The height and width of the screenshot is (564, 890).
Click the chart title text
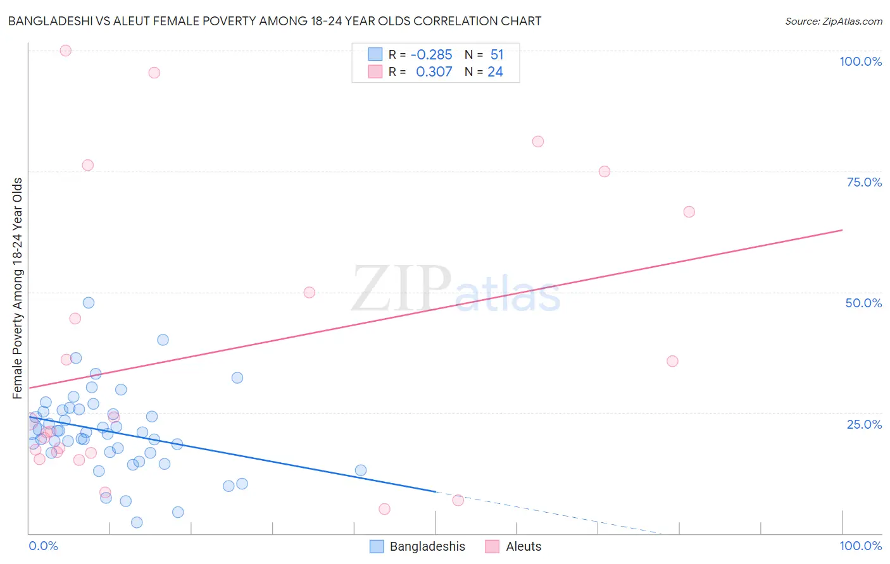point(274,21)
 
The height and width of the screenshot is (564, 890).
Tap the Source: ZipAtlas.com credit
point(833,21)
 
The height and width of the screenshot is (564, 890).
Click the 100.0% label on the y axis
point(860,61)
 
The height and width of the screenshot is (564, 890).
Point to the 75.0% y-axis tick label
point(864,182)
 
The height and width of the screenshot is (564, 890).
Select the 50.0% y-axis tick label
point(863,303)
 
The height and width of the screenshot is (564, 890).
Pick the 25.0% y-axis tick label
point(864,424)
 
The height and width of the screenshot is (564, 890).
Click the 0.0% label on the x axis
point(43,546)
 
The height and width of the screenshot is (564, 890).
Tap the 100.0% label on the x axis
point(860,546)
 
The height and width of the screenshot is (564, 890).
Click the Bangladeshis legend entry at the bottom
point(418,546)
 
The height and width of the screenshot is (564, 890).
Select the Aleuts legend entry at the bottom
point(513,546)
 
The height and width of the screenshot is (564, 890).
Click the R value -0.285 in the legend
point(431,55)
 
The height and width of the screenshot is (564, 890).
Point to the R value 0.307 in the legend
point(434,72)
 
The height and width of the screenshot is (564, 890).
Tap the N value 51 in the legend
point(497,55)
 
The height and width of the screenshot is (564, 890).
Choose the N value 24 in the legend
point(495,72)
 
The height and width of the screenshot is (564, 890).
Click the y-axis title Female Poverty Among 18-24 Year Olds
point(18,288)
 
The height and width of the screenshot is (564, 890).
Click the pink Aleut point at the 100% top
point(65,51)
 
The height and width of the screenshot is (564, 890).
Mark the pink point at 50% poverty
point(309,292)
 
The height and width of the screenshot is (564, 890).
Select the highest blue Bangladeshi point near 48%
point(89,303)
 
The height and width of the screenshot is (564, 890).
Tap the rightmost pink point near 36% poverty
point(672,361)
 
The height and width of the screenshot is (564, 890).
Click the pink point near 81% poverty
point(538,142)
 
